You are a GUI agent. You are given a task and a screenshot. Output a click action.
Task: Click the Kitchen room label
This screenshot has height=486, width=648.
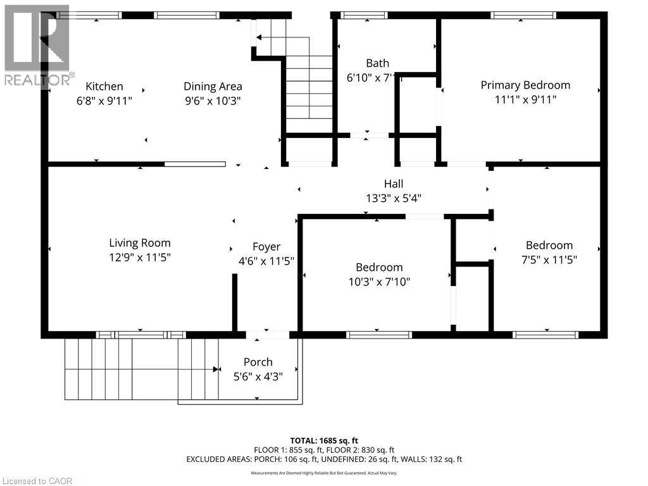[x=104, y=87]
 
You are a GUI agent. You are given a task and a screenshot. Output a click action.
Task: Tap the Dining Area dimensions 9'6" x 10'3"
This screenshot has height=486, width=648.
[x=213, y=101]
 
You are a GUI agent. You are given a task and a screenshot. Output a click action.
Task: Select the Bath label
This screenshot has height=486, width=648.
[x=377, y=63]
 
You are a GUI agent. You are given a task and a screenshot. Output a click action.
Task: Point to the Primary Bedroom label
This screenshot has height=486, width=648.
[x=525, y=85]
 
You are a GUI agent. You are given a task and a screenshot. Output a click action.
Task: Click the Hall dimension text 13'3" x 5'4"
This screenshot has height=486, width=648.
[x=394, y=198]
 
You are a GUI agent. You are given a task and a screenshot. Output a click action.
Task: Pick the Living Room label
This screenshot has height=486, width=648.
[x=140, y=243]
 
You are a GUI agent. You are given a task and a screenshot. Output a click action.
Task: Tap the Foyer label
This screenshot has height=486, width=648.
[x=266, y=247]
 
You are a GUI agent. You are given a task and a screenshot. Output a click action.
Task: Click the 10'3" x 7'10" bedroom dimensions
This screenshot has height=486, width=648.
[x=379, y=282]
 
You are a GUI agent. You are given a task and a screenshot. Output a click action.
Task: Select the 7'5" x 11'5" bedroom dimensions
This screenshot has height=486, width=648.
[x=549, y=259]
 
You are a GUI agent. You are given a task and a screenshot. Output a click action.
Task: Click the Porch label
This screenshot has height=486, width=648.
[x=258, y=363]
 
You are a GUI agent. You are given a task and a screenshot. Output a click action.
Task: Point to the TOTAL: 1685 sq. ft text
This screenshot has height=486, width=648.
[x=324, y=440]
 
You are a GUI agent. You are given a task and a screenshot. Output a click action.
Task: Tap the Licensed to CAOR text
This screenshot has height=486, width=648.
[x=37, y=481]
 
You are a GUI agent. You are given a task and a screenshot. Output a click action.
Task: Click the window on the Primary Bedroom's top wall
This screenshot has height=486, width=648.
[x=524, y=15]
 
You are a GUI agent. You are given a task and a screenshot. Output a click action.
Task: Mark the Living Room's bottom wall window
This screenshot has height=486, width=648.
[x=140, y=335]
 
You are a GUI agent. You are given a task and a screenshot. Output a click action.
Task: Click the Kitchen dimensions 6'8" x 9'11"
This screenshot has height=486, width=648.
[x=104, y=101]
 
